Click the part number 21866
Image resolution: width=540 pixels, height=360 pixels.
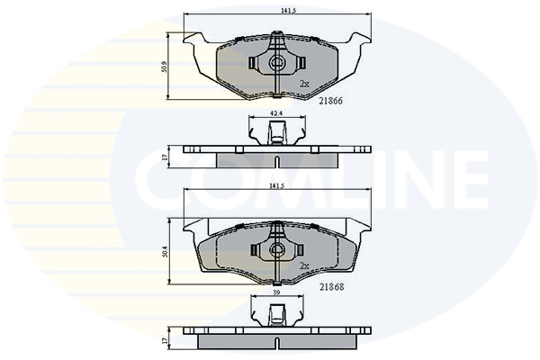coord(330,101)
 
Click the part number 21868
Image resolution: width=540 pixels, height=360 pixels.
coord(331,287)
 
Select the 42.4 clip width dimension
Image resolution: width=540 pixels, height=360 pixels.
coord(277,113)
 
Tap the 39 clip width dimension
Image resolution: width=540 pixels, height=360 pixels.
coord(276,292)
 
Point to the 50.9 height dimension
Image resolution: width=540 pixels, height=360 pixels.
coord(165,67)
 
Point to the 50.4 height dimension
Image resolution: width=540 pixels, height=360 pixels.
coord(165,252)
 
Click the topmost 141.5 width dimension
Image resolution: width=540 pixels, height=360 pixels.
coord(288,11)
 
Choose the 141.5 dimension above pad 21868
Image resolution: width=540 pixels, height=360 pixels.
coord(276,186)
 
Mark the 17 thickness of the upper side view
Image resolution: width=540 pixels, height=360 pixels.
coord(165,157)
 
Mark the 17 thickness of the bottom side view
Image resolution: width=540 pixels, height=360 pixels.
coord(165,340)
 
